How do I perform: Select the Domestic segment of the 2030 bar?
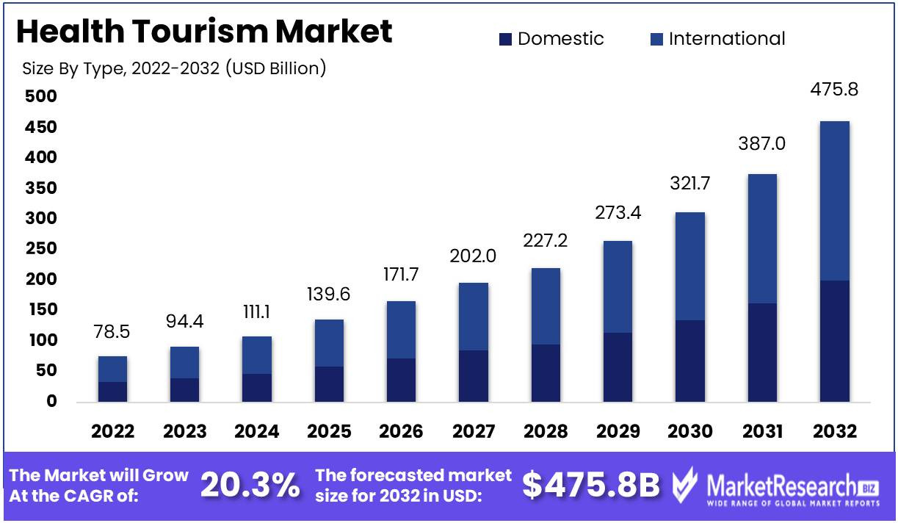[x=690, y=361]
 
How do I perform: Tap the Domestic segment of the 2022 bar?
[x=112, y=392]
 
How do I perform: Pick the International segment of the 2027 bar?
[x=474, y=317]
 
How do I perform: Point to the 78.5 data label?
[x=112, y=331]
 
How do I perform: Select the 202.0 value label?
[x=474, y=256]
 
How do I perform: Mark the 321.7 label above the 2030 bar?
[x=690, y=184]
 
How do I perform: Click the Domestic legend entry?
[x=551, y=39]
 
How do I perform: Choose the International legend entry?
[x=718, y=39]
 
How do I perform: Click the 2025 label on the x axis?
[x=329, y=431]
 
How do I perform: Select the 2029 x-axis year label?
[x=618, y=431]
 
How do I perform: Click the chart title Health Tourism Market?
[x=203, y=32]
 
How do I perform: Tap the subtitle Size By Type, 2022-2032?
[x=174, y=69]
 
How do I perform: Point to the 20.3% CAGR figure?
[x=250, y=485]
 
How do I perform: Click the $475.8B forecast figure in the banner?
[x=591, y=485]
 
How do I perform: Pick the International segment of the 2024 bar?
[x=257, y=355]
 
